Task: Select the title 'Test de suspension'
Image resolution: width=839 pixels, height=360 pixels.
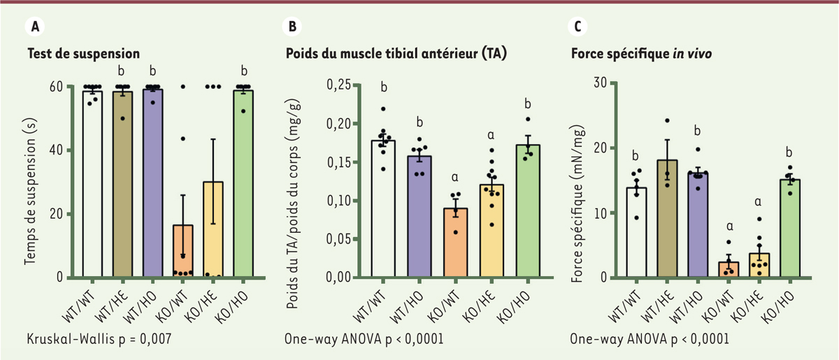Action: (x=84, y=53)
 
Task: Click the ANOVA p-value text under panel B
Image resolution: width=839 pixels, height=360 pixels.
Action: (x=364, y=338)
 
